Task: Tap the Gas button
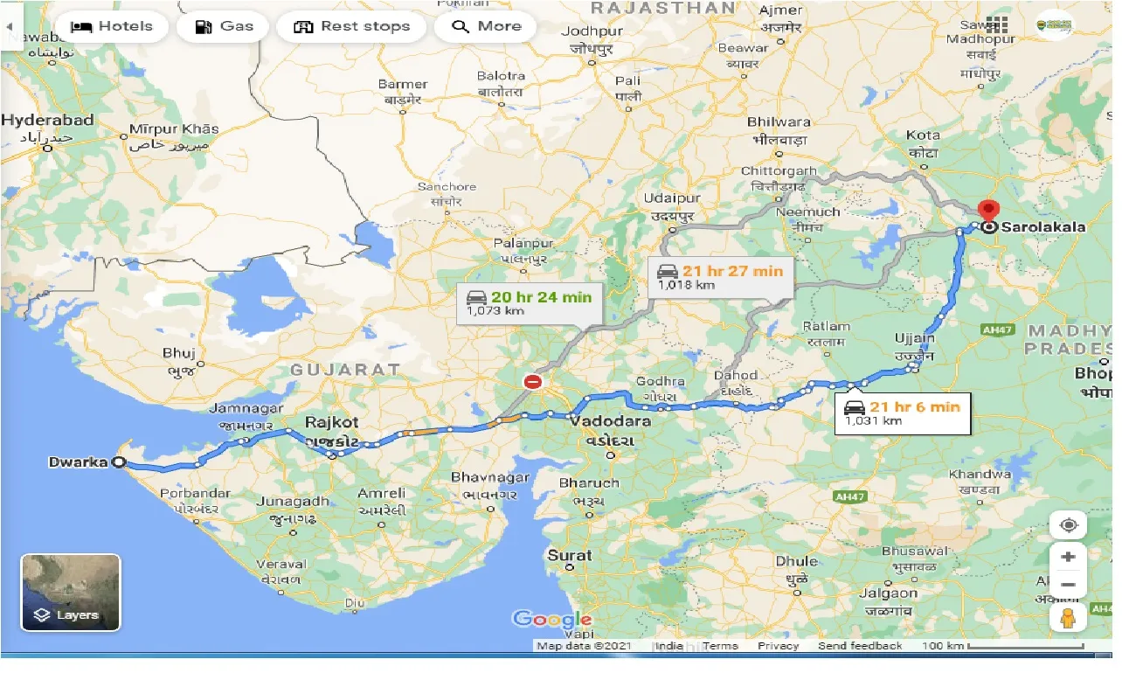pyautogui.click(x=224, y=26)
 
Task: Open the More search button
pyautogui.click(x=486, y=26)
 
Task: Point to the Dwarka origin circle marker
pyautogui.click(x=119, y=462)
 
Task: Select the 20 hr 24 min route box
pyautogui.click(x=529, y=303)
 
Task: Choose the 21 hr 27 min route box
pyautogui.click(x=721, y=277)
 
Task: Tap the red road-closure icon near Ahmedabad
pyautogui.click(x=532, y=382)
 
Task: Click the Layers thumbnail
pyautogui.click(x=71, y=592)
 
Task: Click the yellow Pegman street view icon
pyautogui.click(x=1068, y=617)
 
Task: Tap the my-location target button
pyautogui.click(x=1068, y=525)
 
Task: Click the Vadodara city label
pyautogui.click(x=610, y=421)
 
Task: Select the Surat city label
pyautogui.click(x=570, y=555)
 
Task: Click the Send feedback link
pyautogui.click(x=860, y=646)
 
